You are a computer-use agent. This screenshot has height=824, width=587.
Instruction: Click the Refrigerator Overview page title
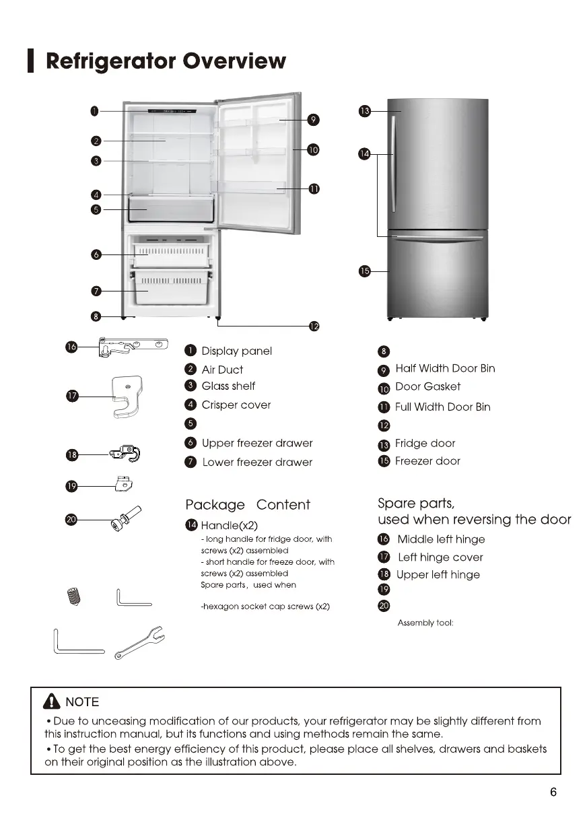coord(166,61)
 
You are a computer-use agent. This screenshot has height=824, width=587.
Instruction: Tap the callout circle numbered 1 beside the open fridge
coord(96,110)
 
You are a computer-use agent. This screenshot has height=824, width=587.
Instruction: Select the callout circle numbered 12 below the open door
coord(314,327)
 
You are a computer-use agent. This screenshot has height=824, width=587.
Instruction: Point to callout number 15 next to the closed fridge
coord(364,271)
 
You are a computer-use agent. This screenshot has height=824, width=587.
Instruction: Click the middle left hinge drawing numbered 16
coord(133,347)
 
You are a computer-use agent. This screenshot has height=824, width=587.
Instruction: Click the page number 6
coord(553,792)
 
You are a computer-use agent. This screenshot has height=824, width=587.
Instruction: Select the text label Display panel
coord(236,351)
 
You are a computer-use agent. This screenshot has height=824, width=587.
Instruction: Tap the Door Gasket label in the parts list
coord(427,386)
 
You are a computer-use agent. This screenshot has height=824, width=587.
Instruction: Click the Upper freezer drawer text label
coord(256,443)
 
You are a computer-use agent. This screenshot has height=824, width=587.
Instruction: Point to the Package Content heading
coord(248,505)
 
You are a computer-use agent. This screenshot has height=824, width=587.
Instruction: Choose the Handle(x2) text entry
coord(229,525)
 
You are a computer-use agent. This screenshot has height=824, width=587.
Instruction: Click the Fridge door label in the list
coord(425,443)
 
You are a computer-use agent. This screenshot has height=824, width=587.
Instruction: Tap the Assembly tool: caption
coord(425,623)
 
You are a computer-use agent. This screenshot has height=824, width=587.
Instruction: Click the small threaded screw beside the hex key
coord(75,596)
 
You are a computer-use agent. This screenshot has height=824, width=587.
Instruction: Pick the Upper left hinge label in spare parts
coord(438,574)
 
